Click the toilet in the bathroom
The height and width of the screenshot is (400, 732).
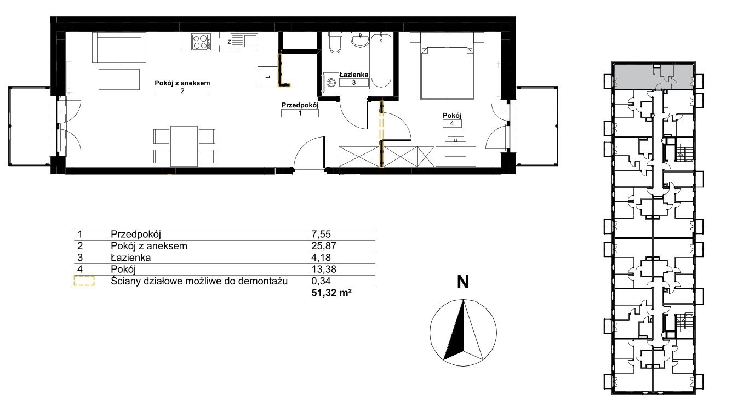click(x=335, y=42)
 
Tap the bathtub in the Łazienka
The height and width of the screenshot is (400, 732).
click(x=381, y=60)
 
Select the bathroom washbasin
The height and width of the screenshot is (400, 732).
click(x=360, y=39)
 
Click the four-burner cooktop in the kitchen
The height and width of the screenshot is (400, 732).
click(x=201, y=42)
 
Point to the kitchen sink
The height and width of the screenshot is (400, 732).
click(x=244, y=42)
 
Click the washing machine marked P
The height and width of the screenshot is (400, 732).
click(x=331, y=83)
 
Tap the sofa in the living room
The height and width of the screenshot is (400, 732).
click(x=119, y=47)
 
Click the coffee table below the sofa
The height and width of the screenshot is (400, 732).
click(x=119, y=79)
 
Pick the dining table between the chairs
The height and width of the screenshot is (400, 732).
click(x=184, y=146)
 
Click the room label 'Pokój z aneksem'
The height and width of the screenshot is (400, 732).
click(x=182, y=83)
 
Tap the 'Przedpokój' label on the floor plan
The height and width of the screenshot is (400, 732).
click(x=300, y=105)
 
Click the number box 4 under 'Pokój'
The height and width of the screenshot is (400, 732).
click(x=452, y=123)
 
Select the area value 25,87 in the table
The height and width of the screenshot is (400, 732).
click(x=323, y=246)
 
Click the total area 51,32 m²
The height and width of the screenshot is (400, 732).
click(x=331, y=293)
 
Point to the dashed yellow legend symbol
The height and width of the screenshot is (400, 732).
click(x=84, y=281)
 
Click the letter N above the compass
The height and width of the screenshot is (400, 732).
click(x=463, y=282)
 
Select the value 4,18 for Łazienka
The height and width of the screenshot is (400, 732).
click(x=321, y=258)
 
